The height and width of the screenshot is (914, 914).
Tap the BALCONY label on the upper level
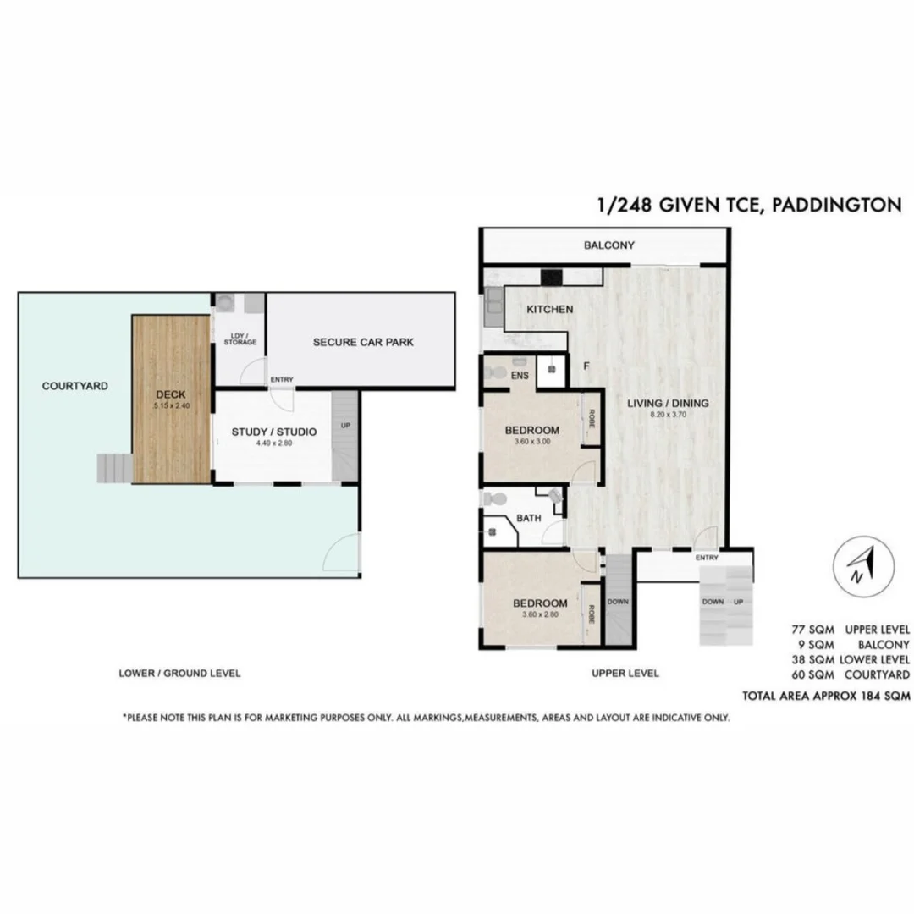(608, 245)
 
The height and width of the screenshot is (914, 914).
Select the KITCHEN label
(549, 310)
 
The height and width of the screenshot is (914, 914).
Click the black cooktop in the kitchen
(552, 276)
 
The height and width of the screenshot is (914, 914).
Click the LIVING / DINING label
(668, 403)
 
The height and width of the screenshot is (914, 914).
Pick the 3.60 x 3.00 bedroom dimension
(532, 441)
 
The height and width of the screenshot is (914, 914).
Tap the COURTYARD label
(74, 386)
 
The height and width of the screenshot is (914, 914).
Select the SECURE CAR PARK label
(362, 342)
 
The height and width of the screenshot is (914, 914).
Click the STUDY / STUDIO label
(273, 432)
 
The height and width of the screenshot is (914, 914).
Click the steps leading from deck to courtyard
(113, 467)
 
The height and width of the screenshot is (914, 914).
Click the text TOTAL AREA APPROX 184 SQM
(825, 697)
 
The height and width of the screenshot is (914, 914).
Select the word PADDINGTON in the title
(837, 206)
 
